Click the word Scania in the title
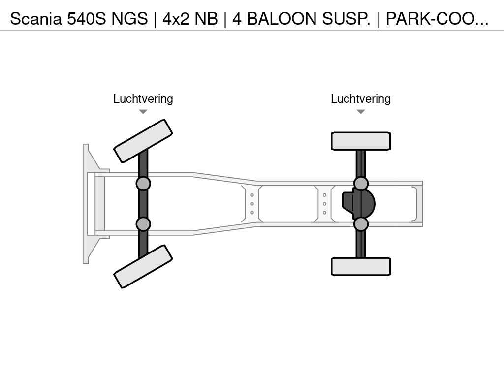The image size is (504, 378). (x=35, y=19)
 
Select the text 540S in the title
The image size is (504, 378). (x=86, y=19)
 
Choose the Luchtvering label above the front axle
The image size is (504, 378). (x=143, y=99)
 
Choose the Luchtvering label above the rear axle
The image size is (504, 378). (x=361, y=99)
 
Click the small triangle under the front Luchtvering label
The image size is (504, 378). (x=143, y=112)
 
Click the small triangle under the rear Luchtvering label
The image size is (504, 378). (x=361, y=112)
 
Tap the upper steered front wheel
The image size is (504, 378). (x=143, y=141)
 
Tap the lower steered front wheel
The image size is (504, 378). (x=143, y=266)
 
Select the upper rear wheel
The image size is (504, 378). (x=361, y=141)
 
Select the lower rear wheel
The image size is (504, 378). (x=361, y=266)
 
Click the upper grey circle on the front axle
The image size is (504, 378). (x=143, y=184)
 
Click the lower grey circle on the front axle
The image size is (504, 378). (x=143, y=224)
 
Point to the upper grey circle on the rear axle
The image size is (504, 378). (x=361, y=184)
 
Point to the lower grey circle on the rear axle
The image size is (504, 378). (x=361, y=224)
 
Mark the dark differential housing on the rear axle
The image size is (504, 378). (x=358, y=204)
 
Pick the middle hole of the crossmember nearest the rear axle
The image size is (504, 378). (x=325, y=204)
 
